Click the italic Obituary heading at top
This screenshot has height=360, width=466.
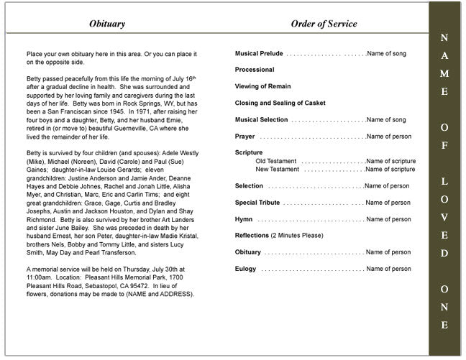pyautogui.click(x=107, y=24)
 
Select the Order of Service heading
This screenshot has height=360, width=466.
pyautogui.click(x=324, y=24)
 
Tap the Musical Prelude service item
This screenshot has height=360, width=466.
pyautogui.click(x=259, y=54)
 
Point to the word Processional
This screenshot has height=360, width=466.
pyautogui.click(x=255, y=70)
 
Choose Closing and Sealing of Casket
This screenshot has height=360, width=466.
pyautogui.click(x=280, y=103)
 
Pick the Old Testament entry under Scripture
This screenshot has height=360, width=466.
pyautogui.click(x=277, y=161)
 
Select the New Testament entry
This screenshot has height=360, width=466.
pyautogui.click(x=278, y=170)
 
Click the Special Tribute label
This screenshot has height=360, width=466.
pyautogui.click(x=257, y=203)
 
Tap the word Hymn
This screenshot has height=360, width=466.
pyautogui.click(x=244, y=219)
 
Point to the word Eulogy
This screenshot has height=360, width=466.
pyautogui.click(x=246, y=269)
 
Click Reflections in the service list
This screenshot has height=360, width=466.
pyautogui.click(x=252, y=236)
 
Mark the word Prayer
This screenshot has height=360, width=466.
pyautogui.click(x=245, y=136)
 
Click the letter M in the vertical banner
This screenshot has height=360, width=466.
pyautogui.click(x=444, y=73)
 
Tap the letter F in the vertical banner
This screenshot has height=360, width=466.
pyautogui.click(x=444, y=146)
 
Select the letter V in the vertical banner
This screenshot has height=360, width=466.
pyautogui.click(x=444, y=217)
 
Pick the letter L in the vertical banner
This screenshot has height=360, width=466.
pyautogui.click(x=444, y=182)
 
